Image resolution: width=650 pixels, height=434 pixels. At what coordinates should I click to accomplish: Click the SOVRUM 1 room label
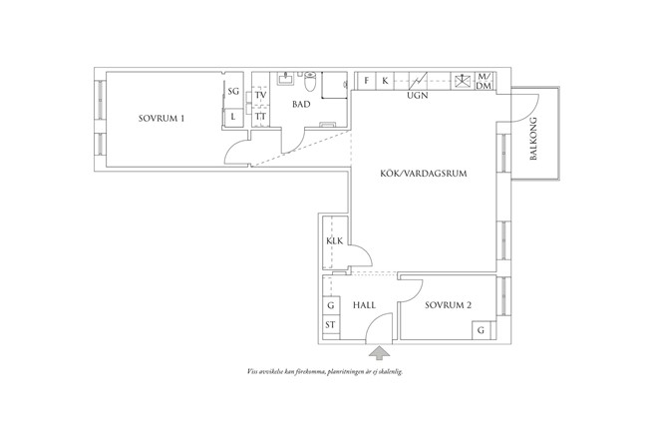click(162, 118)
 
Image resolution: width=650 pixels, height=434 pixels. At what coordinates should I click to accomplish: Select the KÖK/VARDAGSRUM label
click(425, 172)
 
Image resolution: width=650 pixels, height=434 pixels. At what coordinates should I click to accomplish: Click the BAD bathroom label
click(301, 104)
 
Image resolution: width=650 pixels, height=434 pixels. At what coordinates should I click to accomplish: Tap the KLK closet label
click(334, 242)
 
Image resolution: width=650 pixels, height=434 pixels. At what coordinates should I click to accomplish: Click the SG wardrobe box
click(233, 92)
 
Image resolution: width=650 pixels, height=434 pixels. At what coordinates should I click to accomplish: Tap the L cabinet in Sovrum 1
click(233, 117)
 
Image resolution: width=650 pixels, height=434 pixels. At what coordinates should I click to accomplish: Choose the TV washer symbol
click(260, 94)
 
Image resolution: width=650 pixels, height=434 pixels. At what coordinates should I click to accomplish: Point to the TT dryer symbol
click(260, 117)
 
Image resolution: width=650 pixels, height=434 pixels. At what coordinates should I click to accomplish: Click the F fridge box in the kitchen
click(367, 80)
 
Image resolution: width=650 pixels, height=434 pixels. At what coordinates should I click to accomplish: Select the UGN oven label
click(418, 97)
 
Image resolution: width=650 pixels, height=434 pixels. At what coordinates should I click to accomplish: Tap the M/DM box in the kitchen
click(484, 82)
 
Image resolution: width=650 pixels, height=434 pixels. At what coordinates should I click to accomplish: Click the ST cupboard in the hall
click(330, 325)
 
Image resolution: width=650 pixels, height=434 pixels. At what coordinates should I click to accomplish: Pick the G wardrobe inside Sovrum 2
click(482, 329)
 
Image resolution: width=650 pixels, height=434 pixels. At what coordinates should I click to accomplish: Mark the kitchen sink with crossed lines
click(462, 81)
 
